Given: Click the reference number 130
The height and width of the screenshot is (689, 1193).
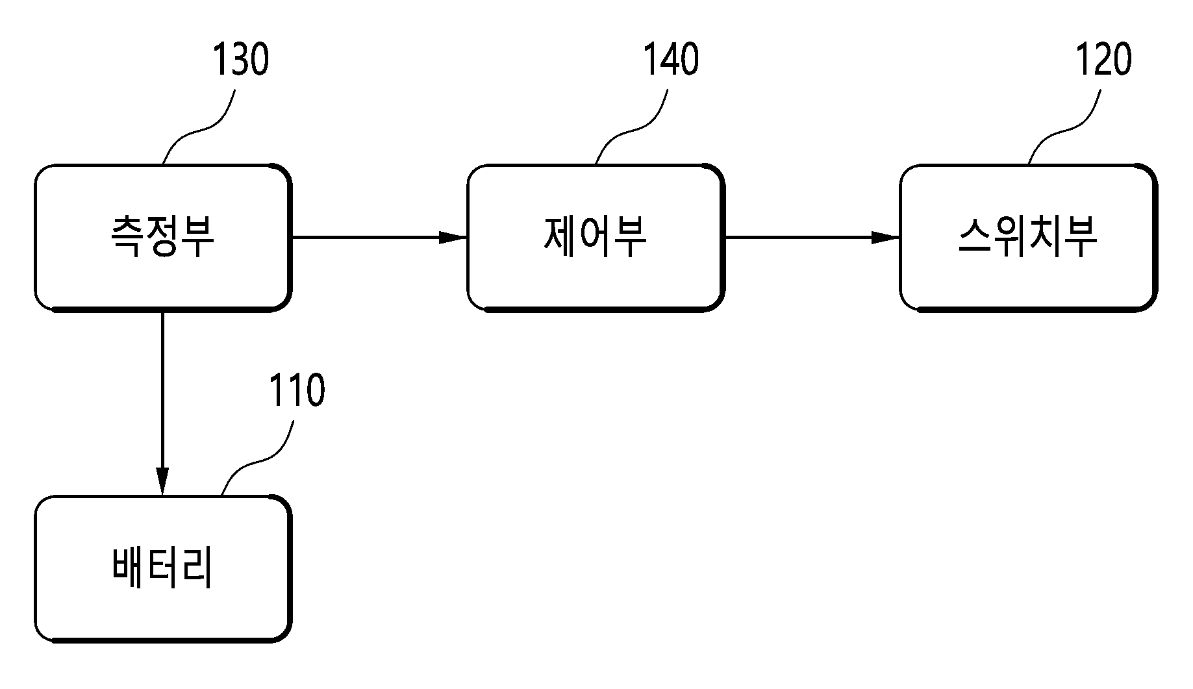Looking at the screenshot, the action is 240,60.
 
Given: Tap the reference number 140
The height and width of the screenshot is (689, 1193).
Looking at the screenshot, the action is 671,60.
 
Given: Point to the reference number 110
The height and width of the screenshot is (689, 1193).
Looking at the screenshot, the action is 296,391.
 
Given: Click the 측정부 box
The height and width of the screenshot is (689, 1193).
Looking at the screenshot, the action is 163,238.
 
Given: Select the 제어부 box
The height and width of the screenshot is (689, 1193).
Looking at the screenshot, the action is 596,238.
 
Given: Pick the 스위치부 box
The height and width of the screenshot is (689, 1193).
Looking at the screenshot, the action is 1028,238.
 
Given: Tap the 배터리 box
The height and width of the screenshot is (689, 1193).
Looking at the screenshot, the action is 163,569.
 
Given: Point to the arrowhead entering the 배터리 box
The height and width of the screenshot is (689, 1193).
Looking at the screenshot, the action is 162,482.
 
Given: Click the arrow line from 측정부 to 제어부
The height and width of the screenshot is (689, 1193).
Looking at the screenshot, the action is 380,238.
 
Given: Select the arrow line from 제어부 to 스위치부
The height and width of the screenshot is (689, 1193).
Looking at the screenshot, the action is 812,238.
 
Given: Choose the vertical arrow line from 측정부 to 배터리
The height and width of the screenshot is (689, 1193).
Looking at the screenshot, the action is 162,404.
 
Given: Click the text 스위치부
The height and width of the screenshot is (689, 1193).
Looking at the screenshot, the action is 1028,237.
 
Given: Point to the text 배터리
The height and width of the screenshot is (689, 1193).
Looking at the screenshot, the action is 162,568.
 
